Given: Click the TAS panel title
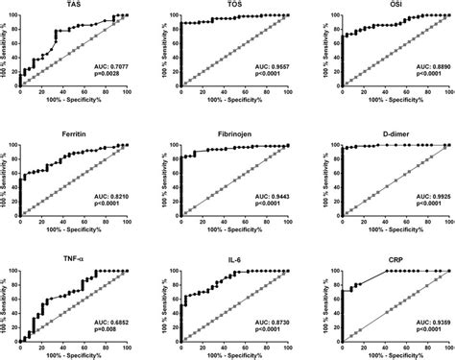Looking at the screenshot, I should [x=73, y=6].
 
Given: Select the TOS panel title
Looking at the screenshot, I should [x=234, y=6].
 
